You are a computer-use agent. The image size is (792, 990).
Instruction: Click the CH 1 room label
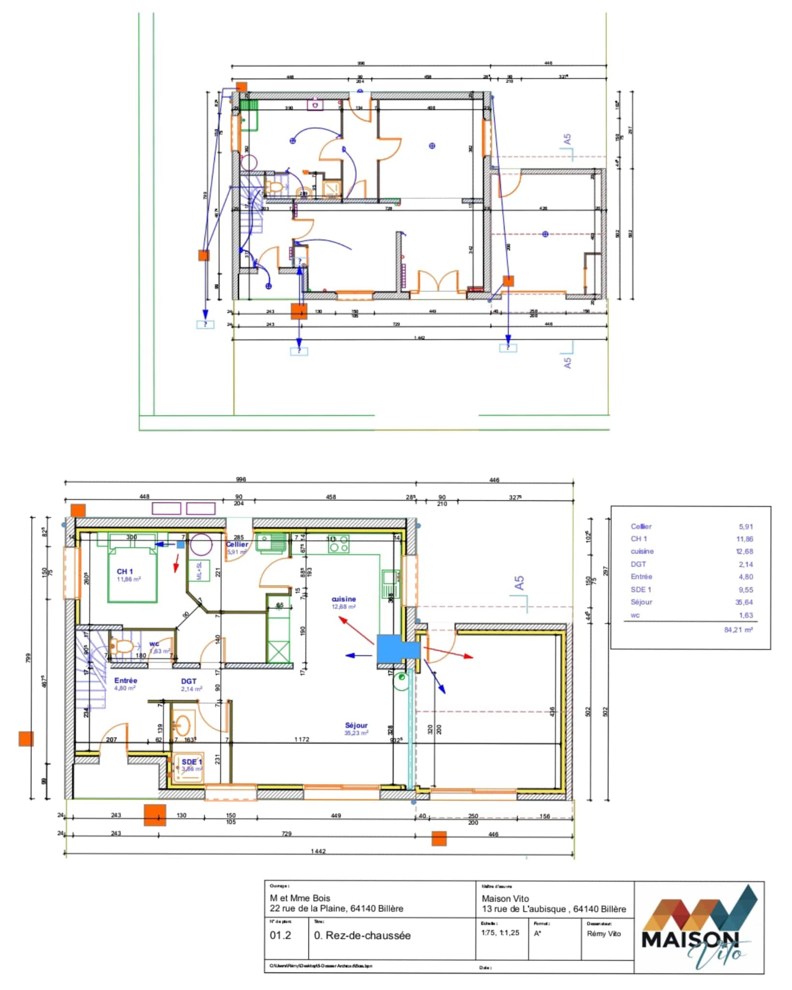pos(124,571)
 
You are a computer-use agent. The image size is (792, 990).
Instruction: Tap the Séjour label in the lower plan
pos(356,725)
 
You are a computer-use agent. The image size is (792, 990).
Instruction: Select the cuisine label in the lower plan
pos(344,599)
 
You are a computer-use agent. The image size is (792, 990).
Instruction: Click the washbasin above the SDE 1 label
pos(183,724)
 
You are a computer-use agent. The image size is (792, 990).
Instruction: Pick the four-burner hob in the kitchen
pos(338,544)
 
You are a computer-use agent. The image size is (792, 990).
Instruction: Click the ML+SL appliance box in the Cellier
pos(199,571)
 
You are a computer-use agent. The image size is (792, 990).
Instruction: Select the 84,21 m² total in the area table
pos(738,629)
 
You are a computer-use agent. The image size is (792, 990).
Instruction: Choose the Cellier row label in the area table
pos(641,526)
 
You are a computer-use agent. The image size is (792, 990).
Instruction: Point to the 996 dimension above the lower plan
pos(241,480)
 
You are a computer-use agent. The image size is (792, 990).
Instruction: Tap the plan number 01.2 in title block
pos(280,935)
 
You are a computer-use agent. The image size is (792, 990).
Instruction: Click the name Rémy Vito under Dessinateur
pos(603,933)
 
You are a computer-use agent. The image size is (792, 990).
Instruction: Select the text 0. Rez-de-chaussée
pos(362,935)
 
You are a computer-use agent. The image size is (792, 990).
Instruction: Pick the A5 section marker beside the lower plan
pos(519,582)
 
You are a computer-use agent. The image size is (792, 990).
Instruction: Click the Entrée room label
pos(126,680)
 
